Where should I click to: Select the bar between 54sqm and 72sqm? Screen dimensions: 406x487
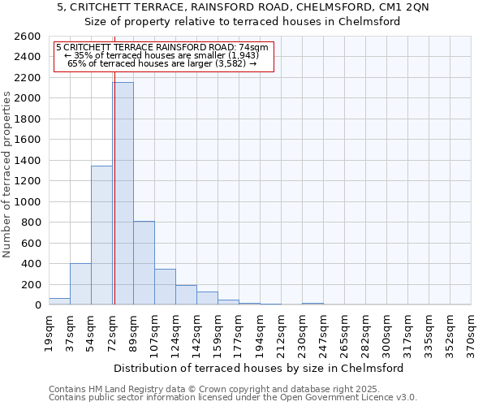[101, 235]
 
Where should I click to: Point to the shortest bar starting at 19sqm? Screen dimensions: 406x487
[59, 301]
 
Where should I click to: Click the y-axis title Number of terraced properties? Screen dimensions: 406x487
[7, 174]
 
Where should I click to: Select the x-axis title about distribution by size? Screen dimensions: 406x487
[259, 368]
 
